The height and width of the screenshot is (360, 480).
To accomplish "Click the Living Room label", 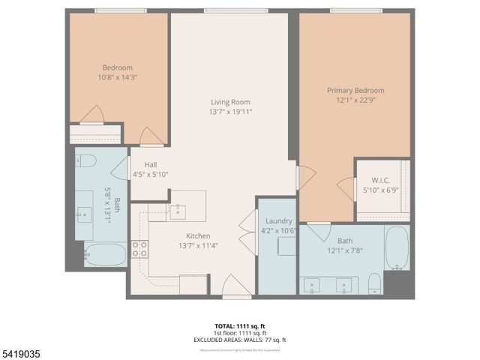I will [x=229, y=102].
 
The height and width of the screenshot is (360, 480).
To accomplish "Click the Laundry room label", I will [x=278, y=220].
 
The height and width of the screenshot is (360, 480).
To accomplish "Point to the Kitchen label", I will [x=198, y=235].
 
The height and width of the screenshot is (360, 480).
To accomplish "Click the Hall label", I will [x=151, y=164].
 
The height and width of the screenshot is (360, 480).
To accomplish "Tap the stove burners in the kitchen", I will [x=139, y=250].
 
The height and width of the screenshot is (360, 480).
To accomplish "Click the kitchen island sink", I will [x=177, y=211].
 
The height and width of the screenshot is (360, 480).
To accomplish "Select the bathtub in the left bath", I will [x=105, y=256].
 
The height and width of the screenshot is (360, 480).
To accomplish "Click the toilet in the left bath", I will [x=85, y=160].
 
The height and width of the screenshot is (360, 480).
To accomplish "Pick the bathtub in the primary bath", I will [x=397, y=247].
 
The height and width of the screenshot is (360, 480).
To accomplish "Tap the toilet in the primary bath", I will [x=374, y=283].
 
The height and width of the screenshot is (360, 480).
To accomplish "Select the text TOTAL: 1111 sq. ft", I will [x=239, y=326].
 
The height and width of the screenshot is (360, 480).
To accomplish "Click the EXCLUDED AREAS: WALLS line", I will [x=239, y=340].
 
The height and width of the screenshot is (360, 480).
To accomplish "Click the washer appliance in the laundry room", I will [x=286, y=247].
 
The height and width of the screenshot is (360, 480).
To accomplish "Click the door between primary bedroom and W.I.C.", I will [x=346, y=188].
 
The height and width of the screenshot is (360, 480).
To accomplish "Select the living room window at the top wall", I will [x=225, y=10].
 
